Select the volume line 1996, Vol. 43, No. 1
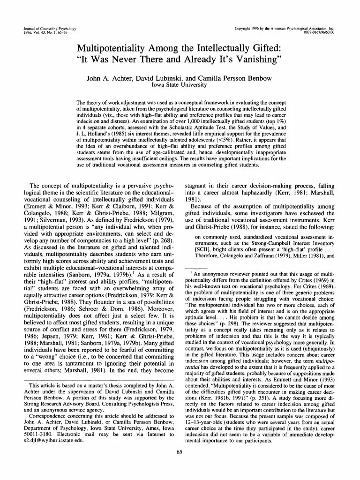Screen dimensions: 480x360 click(x=41, y=33)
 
